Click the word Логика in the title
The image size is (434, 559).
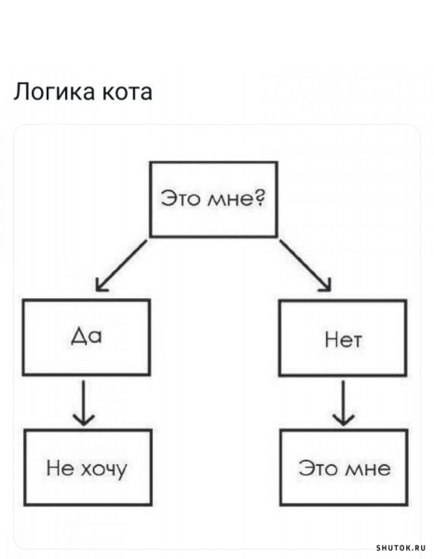tap(54, 92)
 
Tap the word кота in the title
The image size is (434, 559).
tap(128, 92)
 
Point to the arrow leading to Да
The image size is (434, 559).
tap(121, 266)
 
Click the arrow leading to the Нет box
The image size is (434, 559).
tap(305, 266)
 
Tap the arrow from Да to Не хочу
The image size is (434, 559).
tap(84, 402)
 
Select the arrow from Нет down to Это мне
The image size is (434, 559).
tap(343, 402)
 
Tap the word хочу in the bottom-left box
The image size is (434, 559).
tap(104, 469)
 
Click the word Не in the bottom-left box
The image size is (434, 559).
tap(60, 468)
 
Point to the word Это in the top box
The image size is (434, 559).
tap(181, 198)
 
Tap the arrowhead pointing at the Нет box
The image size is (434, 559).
tap(325, 285)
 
